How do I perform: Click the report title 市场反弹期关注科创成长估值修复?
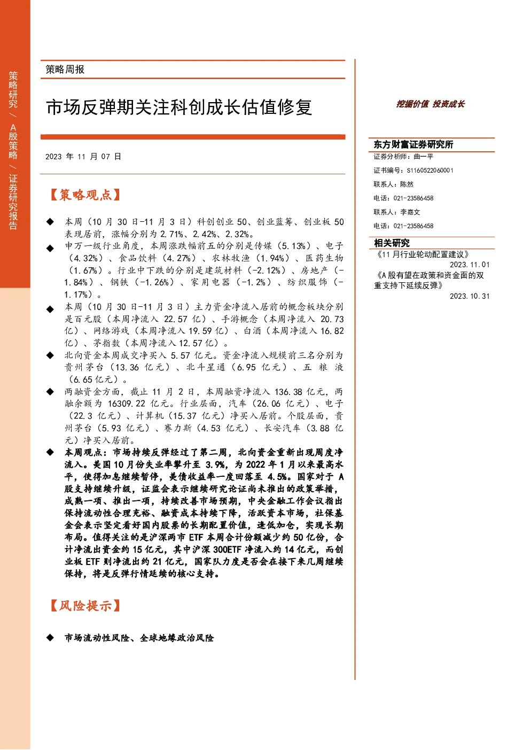coord(179,107)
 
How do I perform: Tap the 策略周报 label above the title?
coord(65,69)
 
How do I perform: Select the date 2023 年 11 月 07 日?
coord(83,157)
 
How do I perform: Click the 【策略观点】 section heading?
coord(85,195)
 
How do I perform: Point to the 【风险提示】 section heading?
coord(85,606)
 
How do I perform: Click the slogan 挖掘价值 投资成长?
coord(430,104)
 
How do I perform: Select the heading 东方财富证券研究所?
coord(413,144)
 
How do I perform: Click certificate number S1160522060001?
coord(430,171)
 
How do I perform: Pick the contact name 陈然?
coord(407,184)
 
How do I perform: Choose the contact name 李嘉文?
coord(410,212)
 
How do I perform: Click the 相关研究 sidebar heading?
coord(392,243)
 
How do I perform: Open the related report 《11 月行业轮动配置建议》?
coord(423,254)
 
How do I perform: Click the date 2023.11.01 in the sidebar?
coord(470,265)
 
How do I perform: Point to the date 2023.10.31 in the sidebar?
coord(470,296)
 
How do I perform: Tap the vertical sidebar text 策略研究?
coord(13,89)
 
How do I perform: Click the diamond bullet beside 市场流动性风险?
coord(50,638)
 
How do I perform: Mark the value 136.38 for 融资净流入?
coord(289,391)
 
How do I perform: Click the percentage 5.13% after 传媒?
coord(294,246)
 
